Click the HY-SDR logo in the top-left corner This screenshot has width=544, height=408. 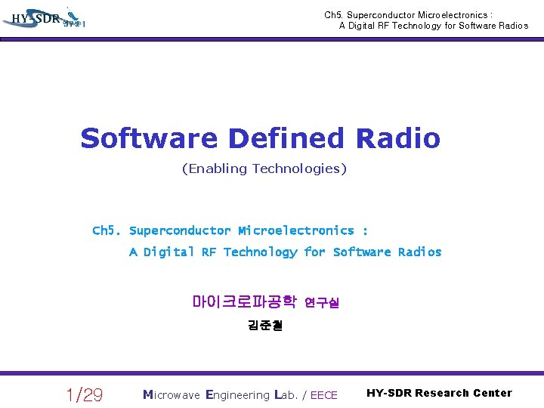[x=45, y=18]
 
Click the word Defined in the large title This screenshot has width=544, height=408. [x=286, y=138]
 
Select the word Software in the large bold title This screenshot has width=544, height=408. [x=149, y=138]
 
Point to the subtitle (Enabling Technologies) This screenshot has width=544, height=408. [x=264, y=168]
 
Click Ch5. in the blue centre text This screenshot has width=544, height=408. [x=107, y=230]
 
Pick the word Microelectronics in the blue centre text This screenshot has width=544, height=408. [x=295, y=230]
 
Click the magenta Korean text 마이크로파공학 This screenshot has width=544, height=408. [x=244, y=302]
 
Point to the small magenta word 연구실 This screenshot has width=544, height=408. [x=322, y=303]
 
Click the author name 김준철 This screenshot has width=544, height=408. [x=264, y=326]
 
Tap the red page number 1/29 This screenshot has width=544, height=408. [x=85, y=394]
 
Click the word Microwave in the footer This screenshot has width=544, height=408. [x=172, y=394]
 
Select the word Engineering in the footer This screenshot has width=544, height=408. [x=237, y=394]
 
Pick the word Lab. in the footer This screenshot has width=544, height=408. [x=288, y=394]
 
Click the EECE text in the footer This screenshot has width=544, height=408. [x=324, y=395]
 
